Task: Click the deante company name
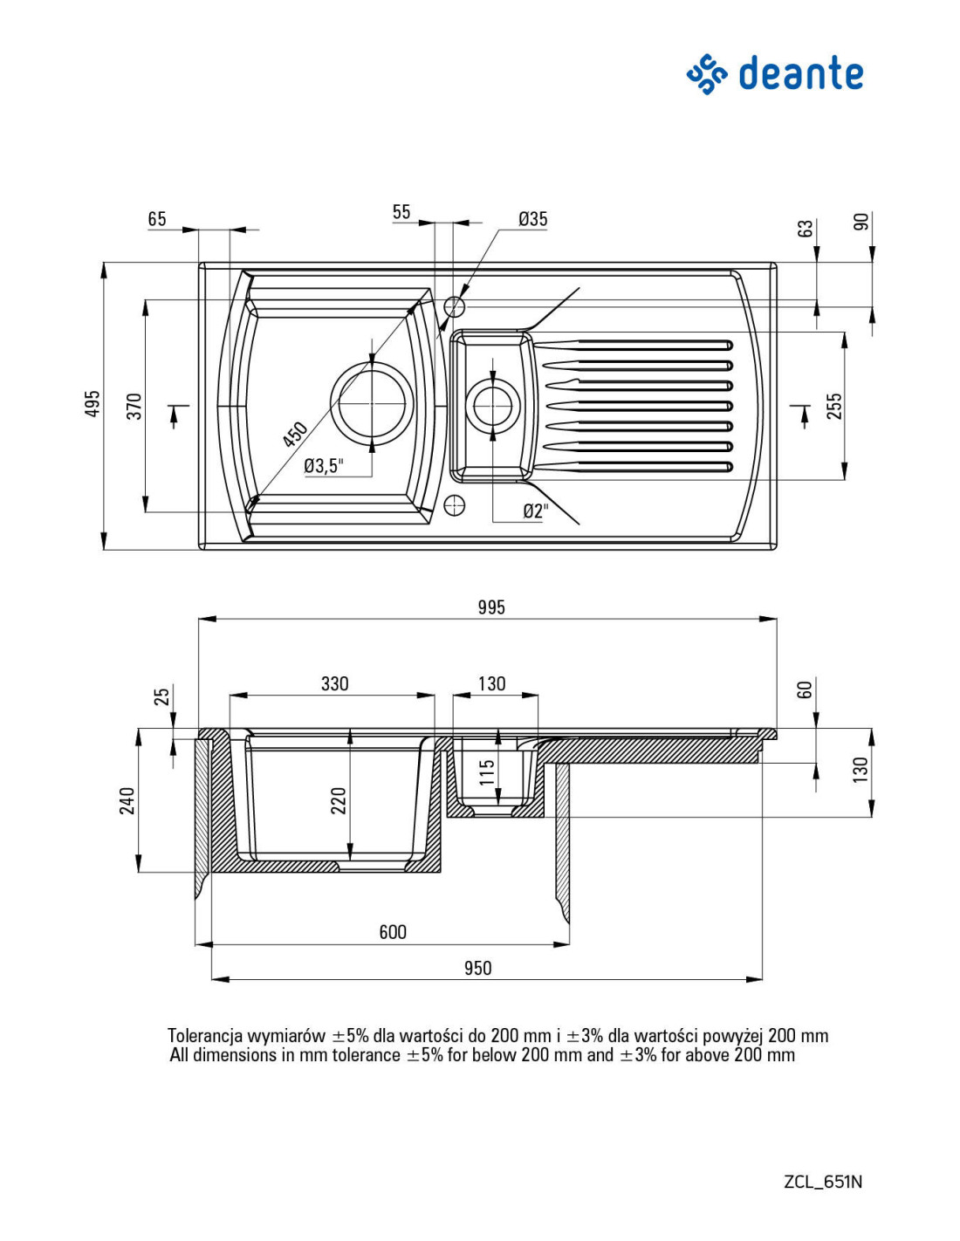click(x=800, y=73)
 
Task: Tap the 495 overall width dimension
click(x=93, y=404)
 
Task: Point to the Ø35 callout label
click(x=533, y=219)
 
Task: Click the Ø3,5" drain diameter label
click(x=324, y=466)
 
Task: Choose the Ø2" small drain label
click(x=536, y=511)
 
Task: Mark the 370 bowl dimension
click(x=134, y=407)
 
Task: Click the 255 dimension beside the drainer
click(x=835, y=406)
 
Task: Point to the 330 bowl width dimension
click(x=334, y=683)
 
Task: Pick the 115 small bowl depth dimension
click(x=486, y=772)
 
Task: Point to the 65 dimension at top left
click(x=157, y=219)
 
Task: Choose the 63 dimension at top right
click(x=806, y=229)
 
